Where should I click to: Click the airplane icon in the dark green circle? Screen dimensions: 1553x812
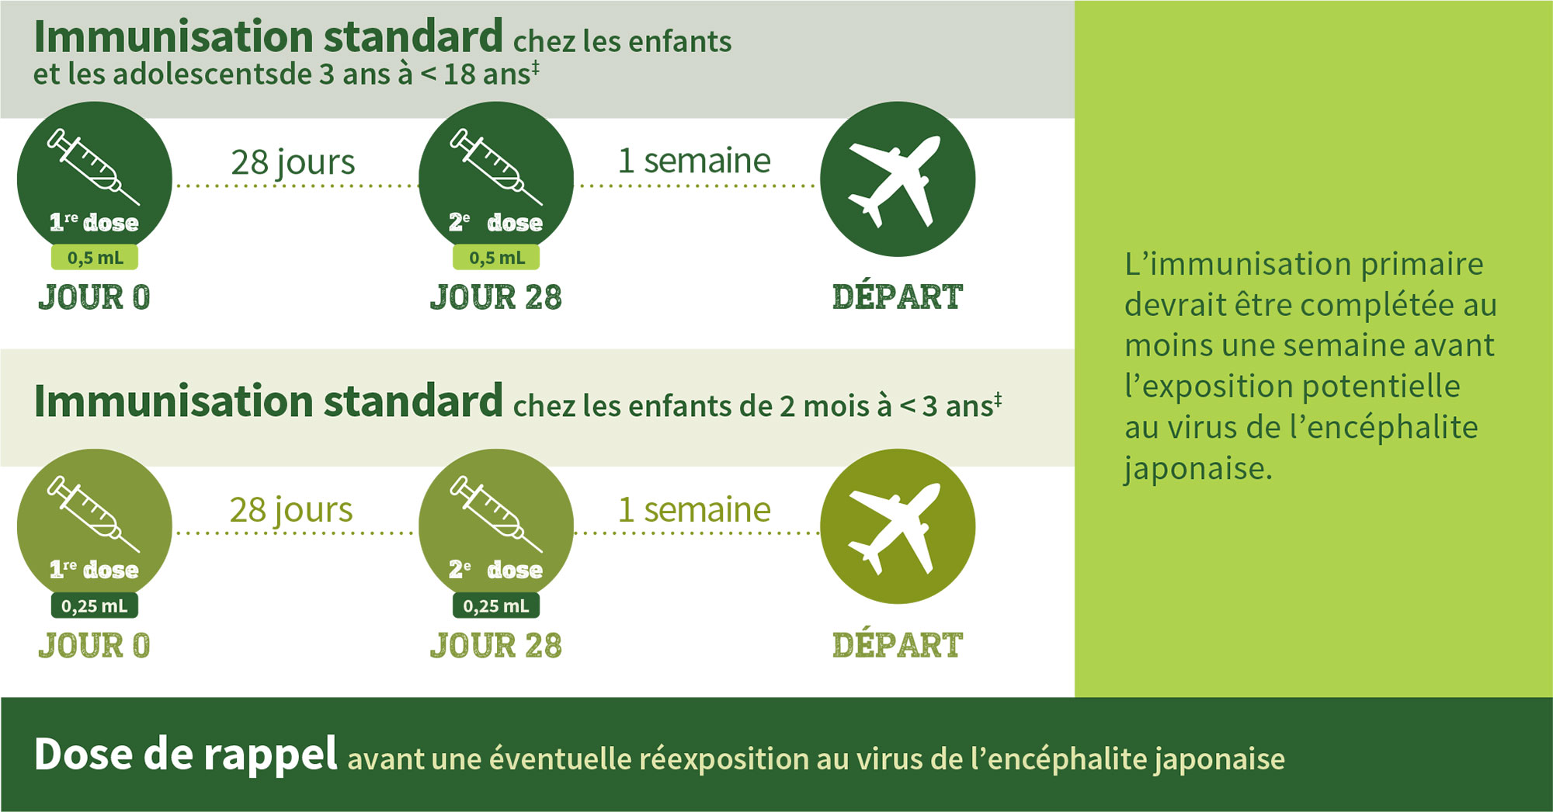[895, 182]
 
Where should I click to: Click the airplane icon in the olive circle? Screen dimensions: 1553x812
[895, 529]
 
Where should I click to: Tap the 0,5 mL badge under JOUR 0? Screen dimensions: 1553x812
[95, 257]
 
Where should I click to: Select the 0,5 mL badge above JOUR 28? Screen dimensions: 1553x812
[496, 257]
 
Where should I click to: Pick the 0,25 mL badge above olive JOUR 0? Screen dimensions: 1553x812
[95, 606]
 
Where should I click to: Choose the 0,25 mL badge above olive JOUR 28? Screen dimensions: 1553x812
[496, 606]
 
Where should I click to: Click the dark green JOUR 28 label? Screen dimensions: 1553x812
[495, 297]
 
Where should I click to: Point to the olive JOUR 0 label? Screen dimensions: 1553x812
[94, 645]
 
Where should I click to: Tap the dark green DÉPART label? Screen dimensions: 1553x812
[897, 297]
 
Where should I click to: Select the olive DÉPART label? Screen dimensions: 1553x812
[897, 644]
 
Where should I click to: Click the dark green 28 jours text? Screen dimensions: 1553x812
[293, 163]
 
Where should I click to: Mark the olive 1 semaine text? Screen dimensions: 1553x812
[694, 510]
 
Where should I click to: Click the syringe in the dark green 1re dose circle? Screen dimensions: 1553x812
[93, 166]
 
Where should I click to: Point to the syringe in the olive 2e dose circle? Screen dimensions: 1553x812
[496, 513]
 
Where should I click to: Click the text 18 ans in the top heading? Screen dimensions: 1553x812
[486, 74]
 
